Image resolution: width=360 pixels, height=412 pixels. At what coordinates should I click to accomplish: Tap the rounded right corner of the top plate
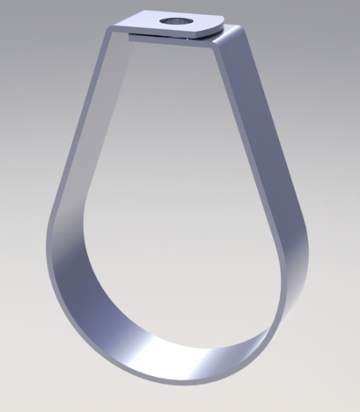pos(219,27)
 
